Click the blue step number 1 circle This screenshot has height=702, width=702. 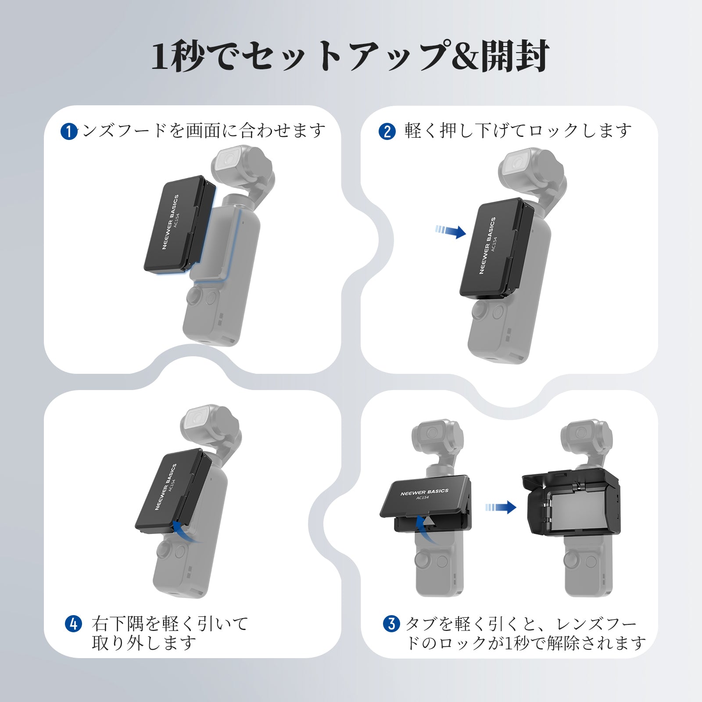tap(69, 131)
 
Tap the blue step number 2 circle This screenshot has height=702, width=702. tap(387, 131)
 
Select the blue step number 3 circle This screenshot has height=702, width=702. tap(391, 623)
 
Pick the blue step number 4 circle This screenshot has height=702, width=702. tap(73, 623)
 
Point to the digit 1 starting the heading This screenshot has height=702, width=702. tap(160, 56)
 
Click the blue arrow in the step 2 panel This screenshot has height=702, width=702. tap(451, 231)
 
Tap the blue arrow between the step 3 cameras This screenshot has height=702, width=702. tap(501, 507)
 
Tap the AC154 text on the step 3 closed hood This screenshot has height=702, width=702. tap(423, 498)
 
